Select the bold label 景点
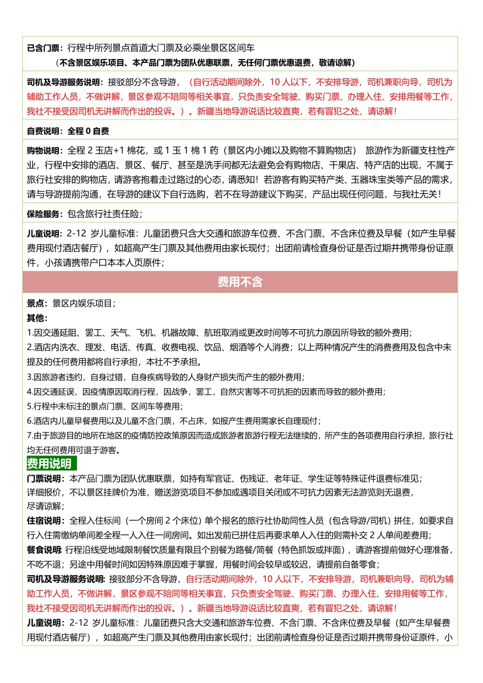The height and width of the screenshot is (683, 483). [x=36, y=304]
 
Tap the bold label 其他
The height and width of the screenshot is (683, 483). [x=36, y=318]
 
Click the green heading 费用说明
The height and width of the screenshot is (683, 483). [x=49, y=464]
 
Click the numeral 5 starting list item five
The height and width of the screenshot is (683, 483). [x=29, y=406]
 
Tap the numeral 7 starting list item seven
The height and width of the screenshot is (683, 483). [x=29, y=435]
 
